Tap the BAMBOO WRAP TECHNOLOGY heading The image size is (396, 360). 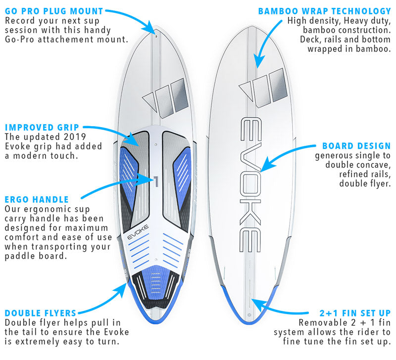coord(324,11)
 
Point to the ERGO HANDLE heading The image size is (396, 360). coord(37,199)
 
